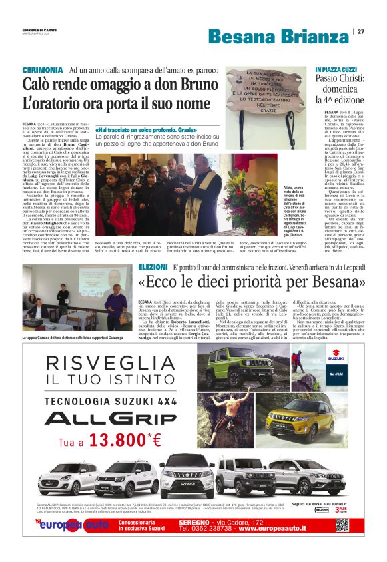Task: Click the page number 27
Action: tap(360, 31)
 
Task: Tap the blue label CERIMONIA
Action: tap(43, 70)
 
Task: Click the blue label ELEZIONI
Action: tap(153, 266)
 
